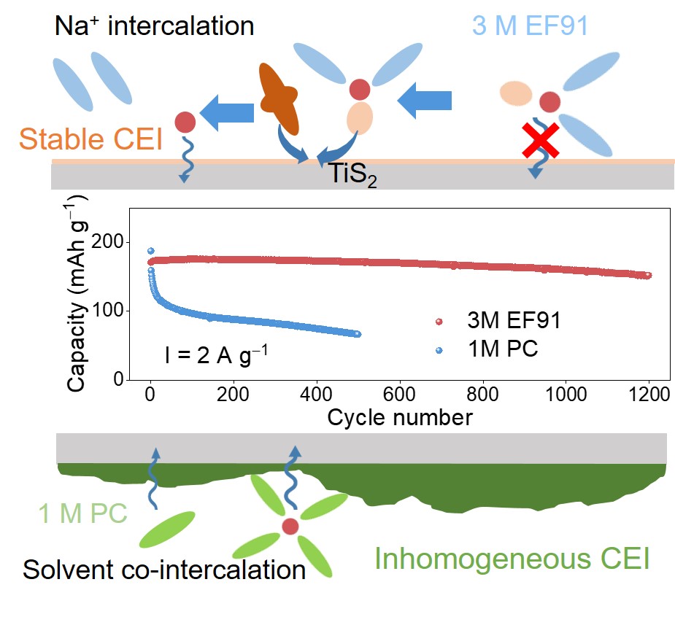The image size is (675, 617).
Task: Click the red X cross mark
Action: pos(541,140)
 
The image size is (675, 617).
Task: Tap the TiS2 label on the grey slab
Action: pos(353,174)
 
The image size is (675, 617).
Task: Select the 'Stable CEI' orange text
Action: pos(90,139)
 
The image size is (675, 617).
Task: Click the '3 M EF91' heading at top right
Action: pos(530,26)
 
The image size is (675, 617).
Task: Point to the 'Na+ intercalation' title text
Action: pos(154,26)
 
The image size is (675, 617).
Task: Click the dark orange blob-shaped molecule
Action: pos(279,98)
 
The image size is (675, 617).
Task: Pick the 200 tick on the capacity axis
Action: pos(107,242)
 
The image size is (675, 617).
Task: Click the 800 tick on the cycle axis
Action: pos(482,394)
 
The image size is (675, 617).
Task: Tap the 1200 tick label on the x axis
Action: pos(649,394)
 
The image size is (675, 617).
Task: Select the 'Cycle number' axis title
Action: pos(400,417)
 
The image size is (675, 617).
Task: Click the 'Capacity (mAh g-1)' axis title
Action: pos(77,293)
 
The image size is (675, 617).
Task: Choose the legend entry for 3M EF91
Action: pos(498,321)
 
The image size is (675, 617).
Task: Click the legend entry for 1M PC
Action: pos(487,349)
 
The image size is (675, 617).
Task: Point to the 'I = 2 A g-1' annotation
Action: pos(216,355)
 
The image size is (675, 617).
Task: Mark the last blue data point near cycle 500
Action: pos(358,334)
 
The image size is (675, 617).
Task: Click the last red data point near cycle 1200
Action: pos(648,276)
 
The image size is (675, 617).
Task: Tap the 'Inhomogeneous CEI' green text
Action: pos(512,559)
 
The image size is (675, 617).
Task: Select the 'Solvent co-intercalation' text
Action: pos(164,570)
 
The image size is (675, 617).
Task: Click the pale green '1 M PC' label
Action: pos(82,513)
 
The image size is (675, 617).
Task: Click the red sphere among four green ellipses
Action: pos(290,527)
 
